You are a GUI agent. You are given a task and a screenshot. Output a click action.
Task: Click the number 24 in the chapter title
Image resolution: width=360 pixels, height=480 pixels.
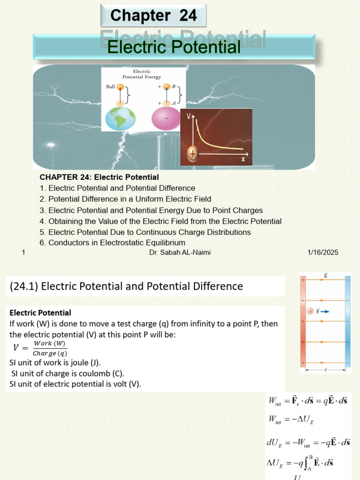[187, 15]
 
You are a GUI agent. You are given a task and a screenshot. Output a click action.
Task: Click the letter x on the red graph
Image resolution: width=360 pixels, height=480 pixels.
[243, 158]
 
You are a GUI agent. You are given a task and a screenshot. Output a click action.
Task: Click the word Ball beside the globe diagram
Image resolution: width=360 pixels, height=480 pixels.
[111, 87]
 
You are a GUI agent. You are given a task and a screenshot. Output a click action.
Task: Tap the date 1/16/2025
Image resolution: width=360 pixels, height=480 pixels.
[322, 253]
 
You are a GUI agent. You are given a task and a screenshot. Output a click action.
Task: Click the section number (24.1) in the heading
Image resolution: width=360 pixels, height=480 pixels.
[23, 286]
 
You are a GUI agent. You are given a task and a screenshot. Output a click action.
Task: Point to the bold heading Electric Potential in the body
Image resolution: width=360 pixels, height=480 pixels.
[40, 313]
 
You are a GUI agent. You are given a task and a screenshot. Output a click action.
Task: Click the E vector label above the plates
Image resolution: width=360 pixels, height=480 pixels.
[325, 276]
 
